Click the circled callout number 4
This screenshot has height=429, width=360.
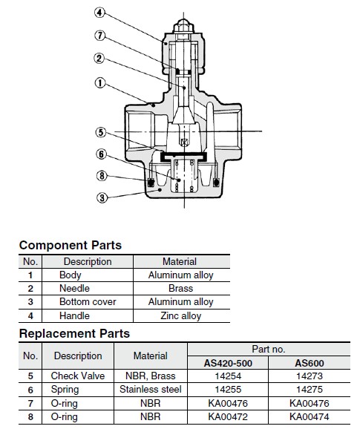(99, 13)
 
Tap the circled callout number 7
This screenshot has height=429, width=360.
(100, 36)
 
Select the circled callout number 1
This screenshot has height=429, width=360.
(100, 83)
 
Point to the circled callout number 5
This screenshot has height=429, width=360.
(101, 132)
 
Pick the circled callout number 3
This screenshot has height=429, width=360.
(102, 197)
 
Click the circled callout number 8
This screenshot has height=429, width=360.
(102, 175)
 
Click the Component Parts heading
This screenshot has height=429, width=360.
(71, 245)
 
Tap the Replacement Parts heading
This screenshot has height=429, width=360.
(74, 333)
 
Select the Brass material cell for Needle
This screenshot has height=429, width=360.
(181, 288)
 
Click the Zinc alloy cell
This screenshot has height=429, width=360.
(181, 315)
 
